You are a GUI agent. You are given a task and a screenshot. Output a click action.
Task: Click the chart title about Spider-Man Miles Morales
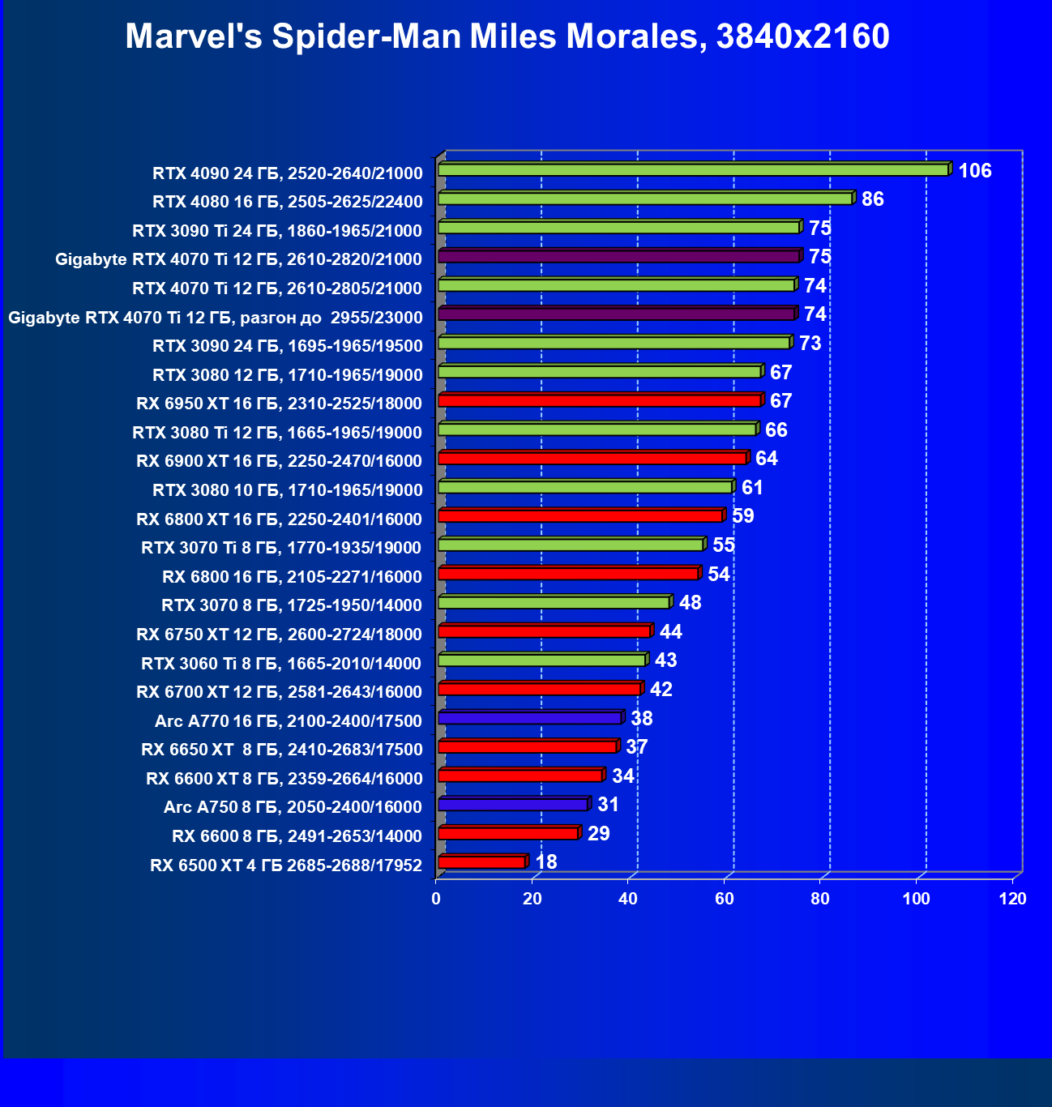point(507,36)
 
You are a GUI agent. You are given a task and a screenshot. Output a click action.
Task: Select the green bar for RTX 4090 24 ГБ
point(693,170)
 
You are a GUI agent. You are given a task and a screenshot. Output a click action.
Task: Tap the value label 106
point(974,171)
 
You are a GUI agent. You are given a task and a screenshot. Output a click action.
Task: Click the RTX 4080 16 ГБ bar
point(644,199)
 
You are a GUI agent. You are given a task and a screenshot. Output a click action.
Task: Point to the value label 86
point(872,199)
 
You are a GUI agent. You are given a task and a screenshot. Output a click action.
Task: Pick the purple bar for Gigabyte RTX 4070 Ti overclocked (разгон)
point(616,314)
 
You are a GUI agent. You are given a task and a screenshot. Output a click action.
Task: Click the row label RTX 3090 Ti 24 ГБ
point(277,231)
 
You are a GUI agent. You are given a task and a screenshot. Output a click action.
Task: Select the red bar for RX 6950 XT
point(599,401)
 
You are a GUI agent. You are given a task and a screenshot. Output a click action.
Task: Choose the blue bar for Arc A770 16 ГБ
point(529,718)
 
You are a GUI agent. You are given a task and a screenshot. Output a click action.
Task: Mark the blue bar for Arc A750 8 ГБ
point(512,805)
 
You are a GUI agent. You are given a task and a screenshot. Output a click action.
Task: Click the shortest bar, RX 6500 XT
point(481,862)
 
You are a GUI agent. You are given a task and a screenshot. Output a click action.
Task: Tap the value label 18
point(546,861)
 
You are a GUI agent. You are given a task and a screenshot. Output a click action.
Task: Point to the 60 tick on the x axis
point(724,899)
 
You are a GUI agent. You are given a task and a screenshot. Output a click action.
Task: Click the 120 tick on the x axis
point(1012,899)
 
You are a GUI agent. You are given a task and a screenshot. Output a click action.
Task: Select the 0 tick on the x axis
point(436,899)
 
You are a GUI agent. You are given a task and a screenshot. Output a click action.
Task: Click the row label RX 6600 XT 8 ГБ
point(284,779)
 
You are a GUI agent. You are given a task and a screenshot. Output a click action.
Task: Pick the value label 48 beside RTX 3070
point(690,603)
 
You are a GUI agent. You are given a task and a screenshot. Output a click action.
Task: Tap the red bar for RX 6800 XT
point(580,516)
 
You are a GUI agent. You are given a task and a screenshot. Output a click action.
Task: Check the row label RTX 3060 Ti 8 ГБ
point(281,664)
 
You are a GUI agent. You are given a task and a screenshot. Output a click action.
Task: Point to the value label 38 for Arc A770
point(641,719)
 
